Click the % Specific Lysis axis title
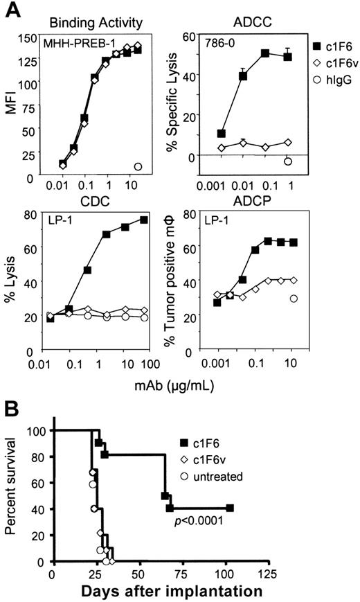coord(183,98)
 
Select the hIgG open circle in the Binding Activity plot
coord(138,166)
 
